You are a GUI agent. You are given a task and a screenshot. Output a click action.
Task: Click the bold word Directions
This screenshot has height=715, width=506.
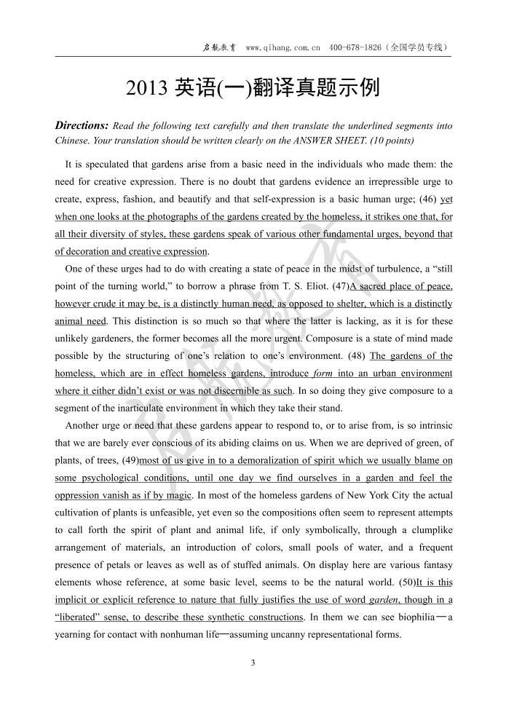coord(82,125)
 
